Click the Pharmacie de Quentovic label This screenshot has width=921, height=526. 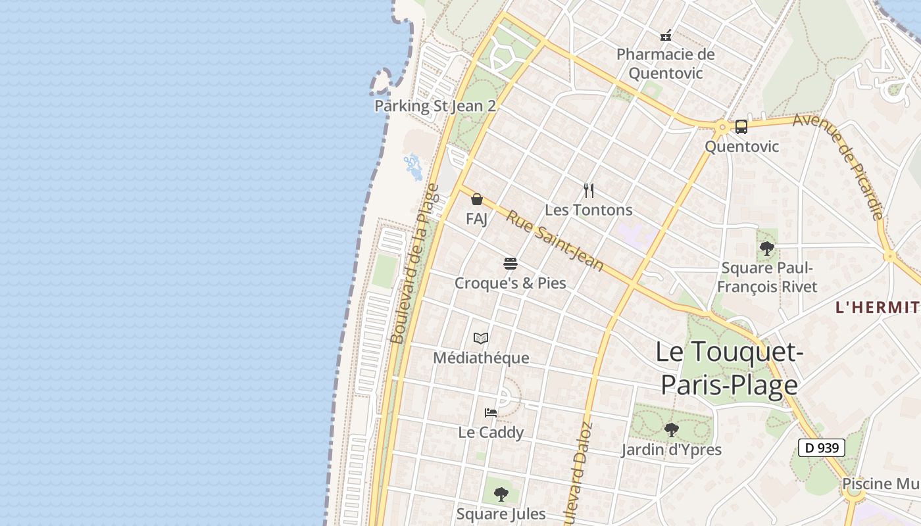[x=665, y=63]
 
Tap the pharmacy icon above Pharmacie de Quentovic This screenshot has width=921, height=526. [x=666, y=35]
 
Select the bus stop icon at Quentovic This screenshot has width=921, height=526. [x=741, y=127]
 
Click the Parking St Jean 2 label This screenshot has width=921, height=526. [x=435, y=106]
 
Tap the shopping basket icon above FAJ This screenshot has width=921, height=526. [x=477, y=199]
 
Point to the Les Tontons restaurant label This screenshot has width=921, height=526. [x=589, y=210]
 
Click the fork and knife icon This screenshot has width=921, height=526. [x=589, y=191]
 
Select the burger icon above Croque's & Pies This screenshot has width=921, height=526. [x=510, y=264]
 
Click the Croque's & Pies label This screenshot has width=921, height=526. [x=510, y=283]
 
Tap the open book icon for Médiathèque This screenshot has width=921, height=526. [x=481, y=339]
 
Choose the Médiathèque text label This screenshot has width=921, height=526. [x=481, y=358]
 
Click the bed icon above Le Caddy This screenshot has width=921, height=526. [x=491, y=413]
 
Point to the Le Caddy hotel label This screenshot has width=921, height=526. [x=491, y=432]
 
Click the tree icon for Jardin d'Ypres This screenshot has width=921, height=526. [x=672, y=430]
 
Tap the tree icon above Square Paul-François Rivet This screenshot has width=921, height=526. [x=766, y=249]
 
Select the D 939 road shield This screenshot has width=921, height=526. [x=821, y=448]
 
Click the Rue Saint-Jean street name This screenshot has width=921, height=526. [x=555, y=241]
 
